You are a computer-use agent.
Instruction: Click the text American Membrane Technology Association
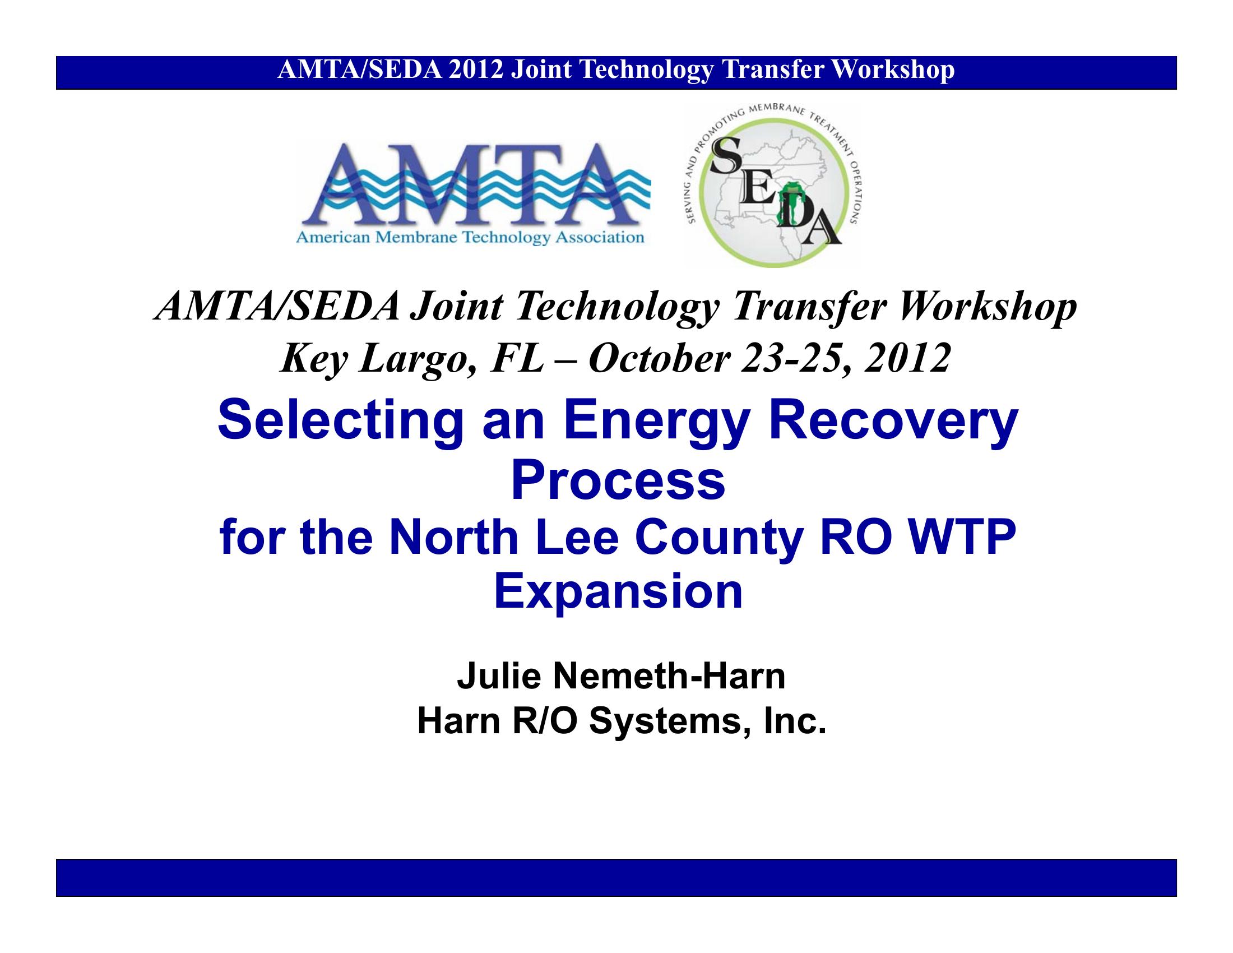[x=470, y=238]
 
